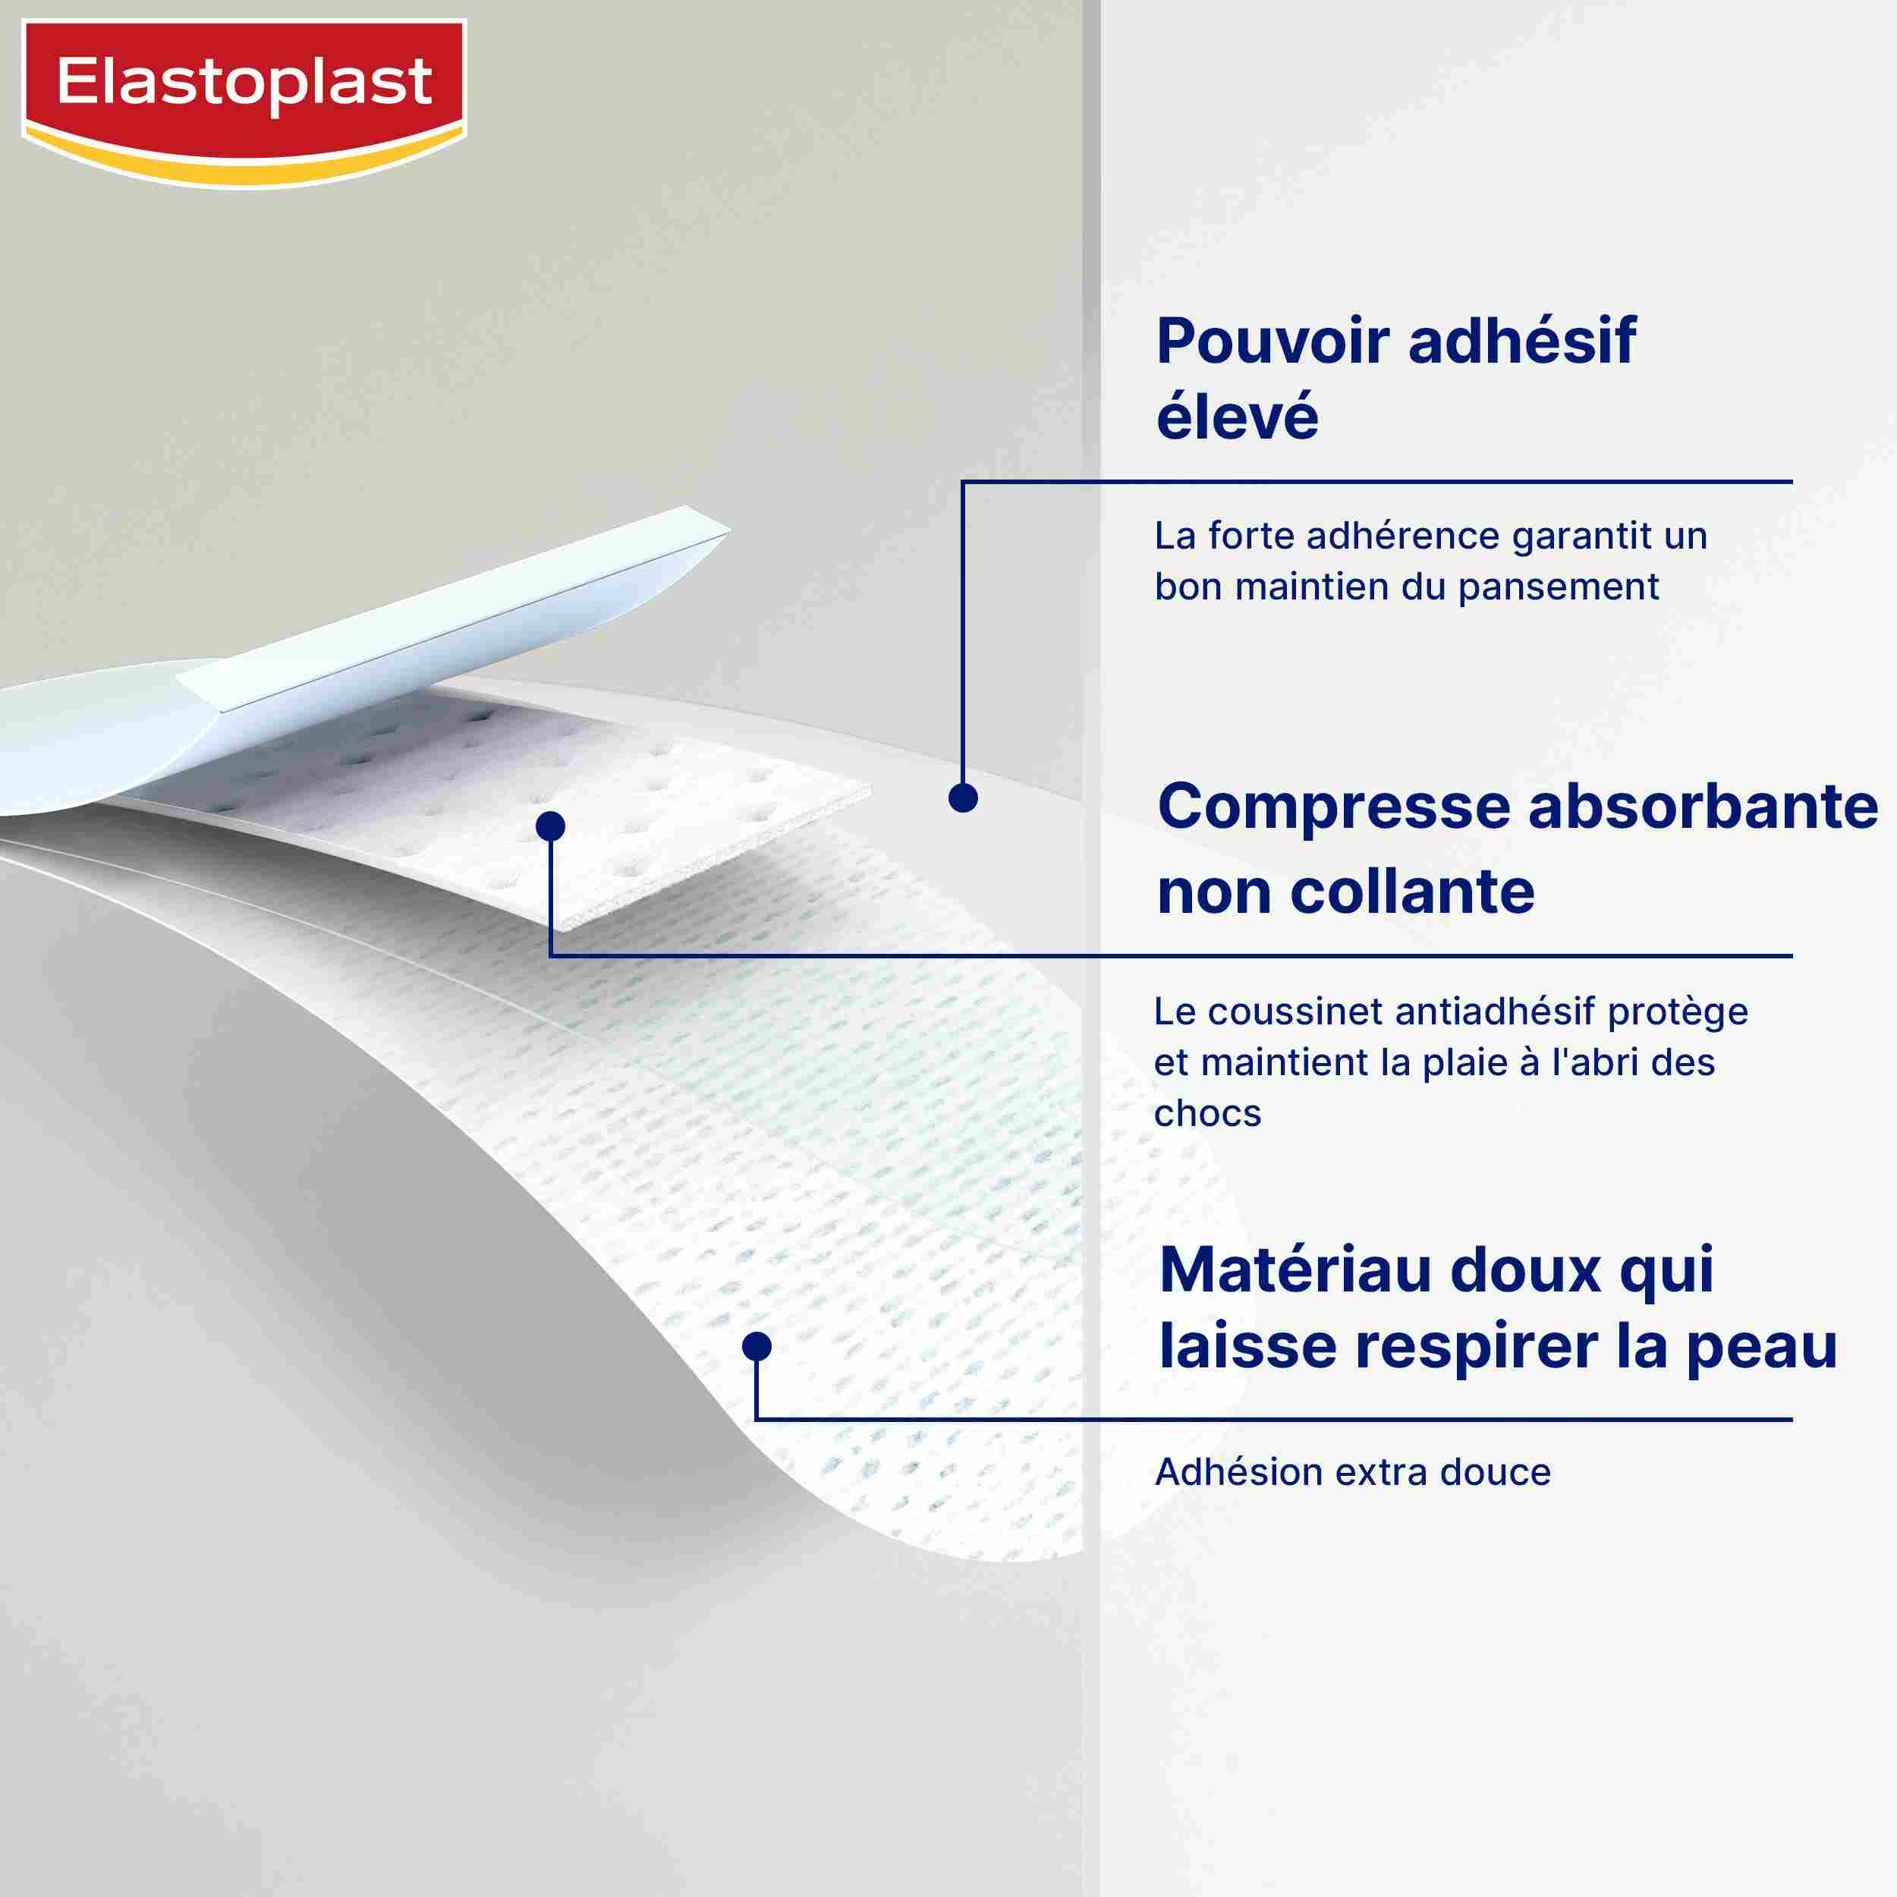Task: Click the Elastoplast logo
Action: [244, 102]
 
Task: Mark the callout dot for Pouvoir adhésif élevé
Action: [963, 798]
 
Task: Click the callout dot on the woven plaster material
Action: [756, 1346]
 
